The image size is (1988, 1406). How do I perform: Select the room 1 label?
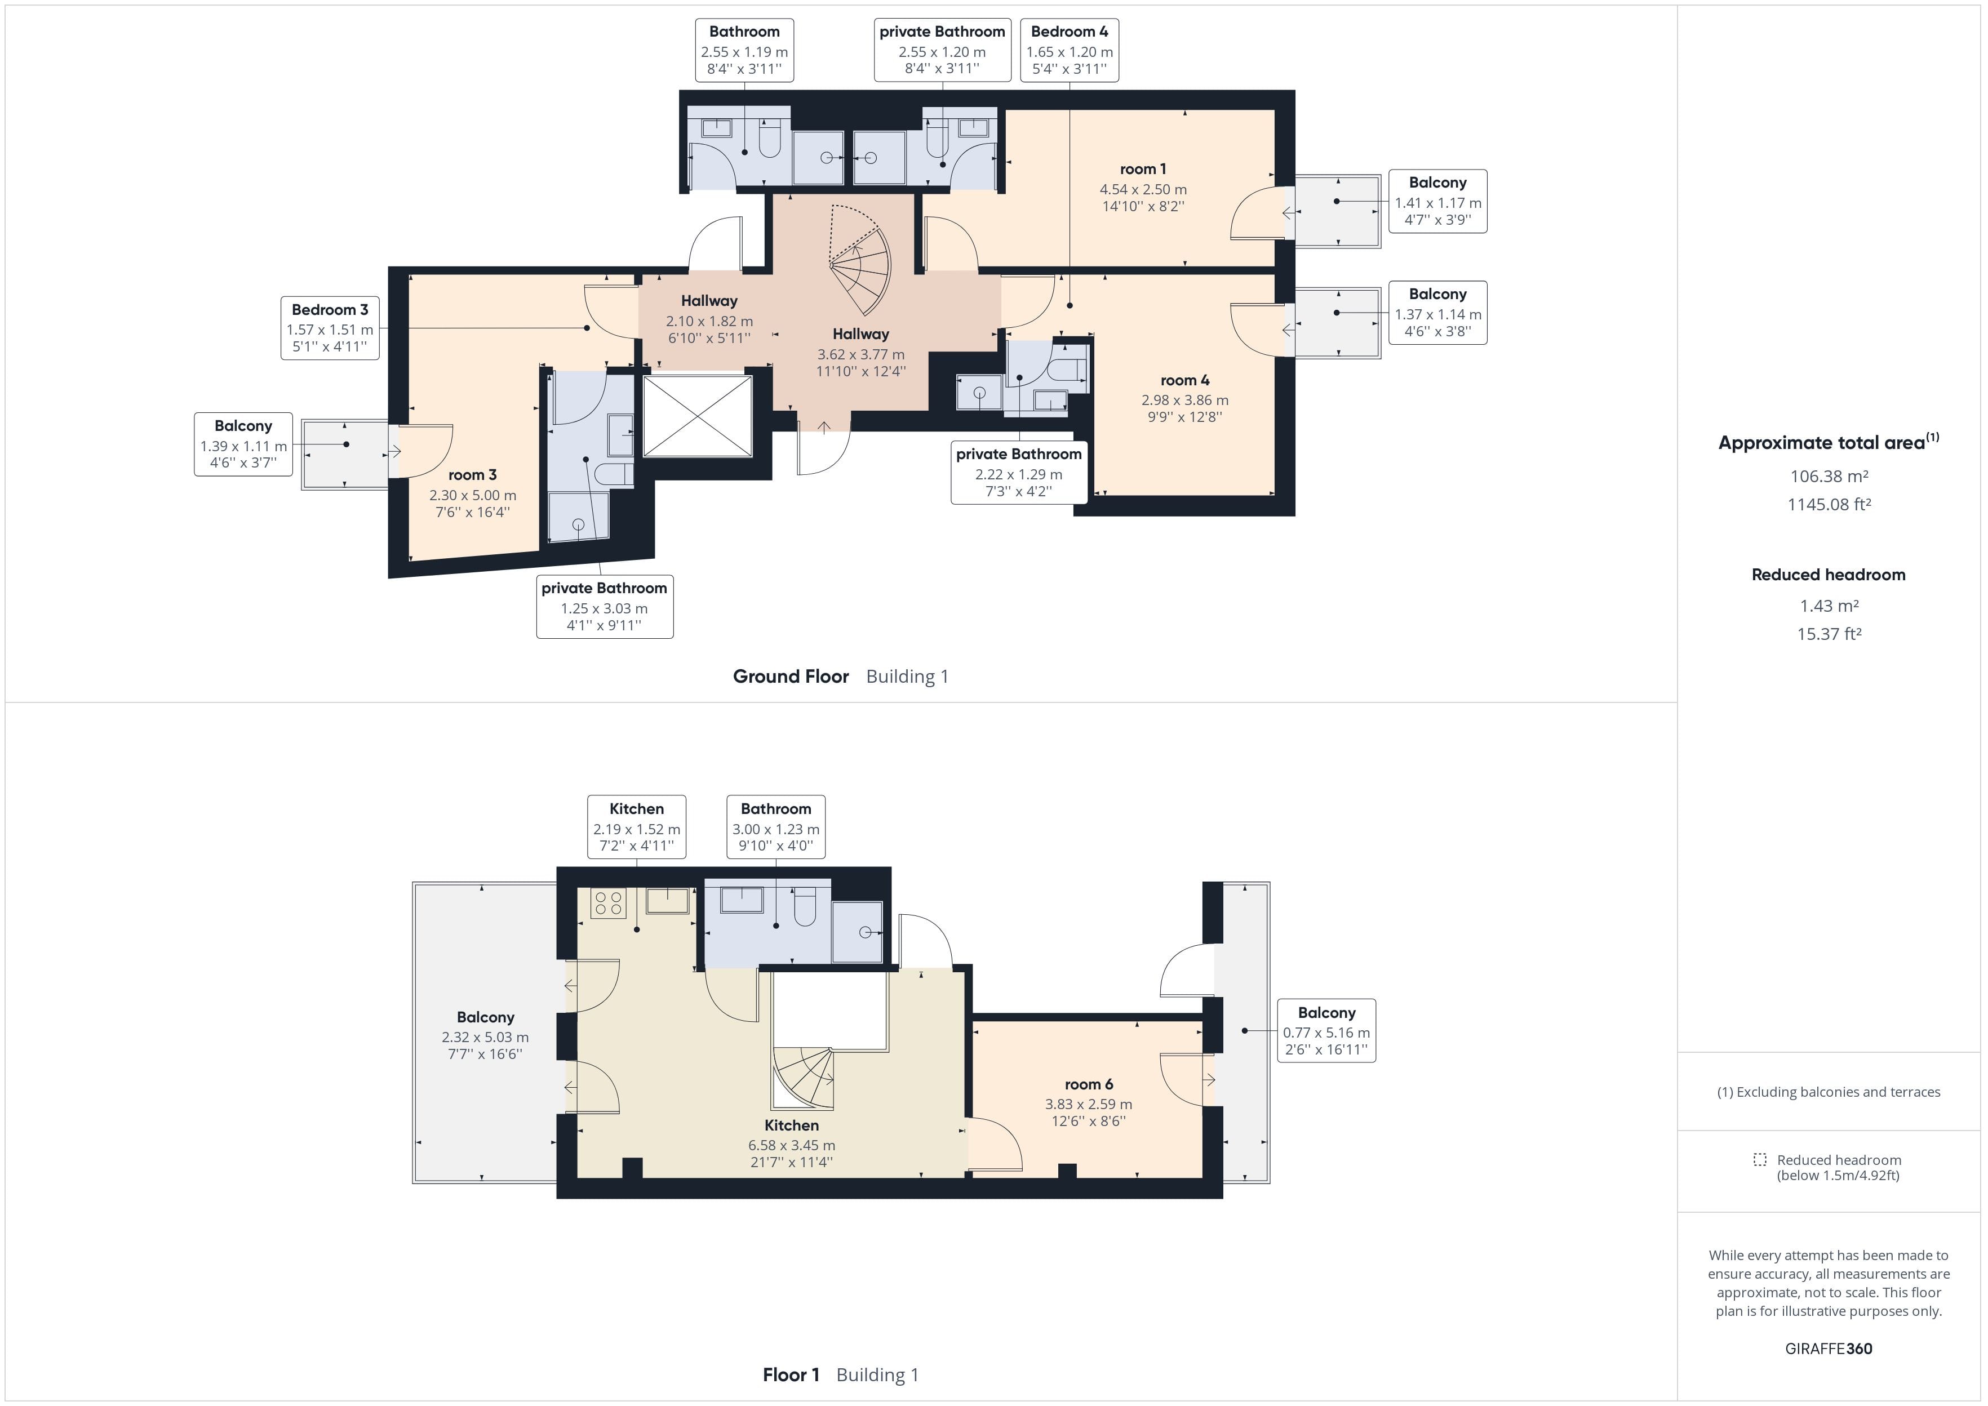click(1143, 170)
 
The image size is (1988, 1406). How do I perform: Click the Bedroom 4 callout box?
click(1070, 50)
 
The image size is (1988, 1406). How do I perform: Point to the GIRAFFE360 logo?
click(1829, 1348)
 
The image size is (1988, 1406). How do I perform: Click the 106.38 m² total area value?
click(1829, 476)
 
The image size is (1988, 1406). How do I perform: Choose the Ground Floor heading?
click(791, 676)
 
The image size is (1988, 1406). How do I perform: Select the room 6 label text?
click(1088, 1084)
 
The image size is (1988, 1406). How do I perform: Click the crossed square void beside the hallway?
click(698, 416)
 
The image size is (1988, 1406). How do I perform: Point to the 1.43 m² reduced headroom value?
click(1829, 606)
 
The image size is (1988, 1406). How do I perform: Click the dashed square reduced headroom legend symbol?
click(1759, 1159)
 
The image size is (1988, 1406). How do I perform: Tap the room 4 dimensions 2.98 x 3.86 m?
click(1184, 400)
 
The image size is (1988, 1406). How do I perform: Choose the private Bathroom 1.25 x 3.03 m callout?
click(605, 607)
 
